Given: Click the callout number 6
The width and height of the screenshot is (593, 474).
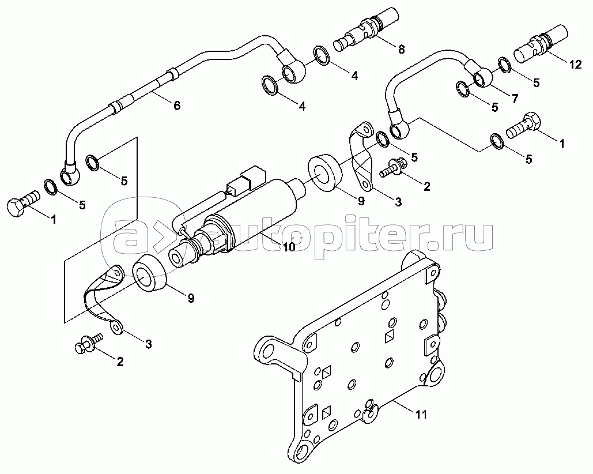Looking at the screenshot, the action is pyautogui.click(x=176, y=105).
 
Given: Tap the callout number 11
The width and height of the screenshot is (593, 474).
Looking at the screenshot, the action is pyautogui.click(x=421, y=414).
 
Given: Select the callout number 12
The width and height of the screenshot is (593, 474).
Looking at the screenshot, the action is pyautogui.click(x=575, y=65).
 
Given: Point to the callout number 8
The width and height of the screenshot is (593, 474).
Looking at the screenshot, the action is pyautogui.click(x=401, y=49).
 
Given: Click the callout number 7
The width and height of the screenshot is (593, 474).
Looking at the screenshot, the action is pyautogui.click(x=515, y=98).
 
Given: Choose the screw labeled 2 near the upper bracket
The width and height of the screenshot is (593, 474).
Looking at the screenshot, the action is pyautogui.click(x=394, y=168).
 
